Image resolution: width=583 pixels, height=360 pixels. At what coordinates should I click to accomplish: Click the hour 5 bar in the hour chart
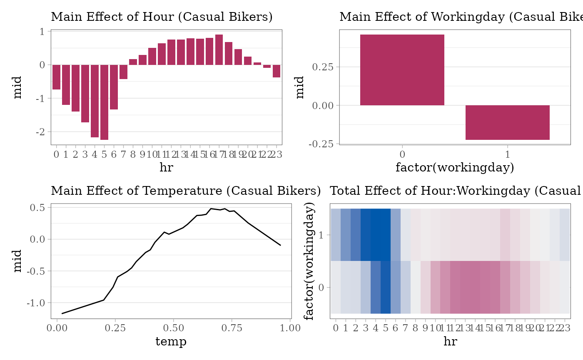(x=104, y=102)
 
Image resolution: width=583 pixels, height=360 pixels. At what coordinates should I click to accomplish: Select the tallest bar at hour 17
(x=219, y=50)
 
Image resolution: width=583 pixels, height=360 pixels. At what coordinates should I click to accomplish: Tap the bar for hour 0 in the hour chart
(x=56, y=77)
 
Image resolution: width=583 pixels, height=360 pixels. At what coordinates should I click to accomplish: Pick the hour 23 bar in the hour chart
(x=277, y=71)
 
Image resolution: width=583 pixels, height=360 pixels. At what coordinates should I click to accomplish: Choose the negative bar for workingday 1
(x=507, y=122)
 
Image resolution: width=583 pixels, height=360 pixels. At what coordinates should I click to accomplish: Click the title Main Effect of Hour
(x=162, y=17)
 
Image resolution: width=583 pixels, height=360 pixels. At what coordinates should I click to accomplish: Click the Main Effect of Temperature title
(x=186, y=191)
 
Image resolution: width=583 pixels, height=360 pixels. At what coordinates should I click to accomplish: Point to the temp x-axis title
(x=171, y=342)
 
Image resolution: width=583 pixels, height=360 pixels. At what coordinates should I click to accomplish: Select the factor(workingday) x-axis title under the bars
(x=455, y=168)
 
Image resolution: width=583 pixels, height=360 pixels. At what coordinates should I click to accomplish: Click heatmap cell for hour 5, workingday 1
(x=386, y=235)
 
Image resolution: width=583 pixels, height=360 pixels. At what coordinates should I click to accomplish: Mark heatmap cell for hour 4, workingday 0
(x=376, y=287)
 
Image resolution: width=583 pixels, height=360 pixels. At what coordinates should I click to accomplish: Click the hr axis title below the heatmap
(x=450, y=342)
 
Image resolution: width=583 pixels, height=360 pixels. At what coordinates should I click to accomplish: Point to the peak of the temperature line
(x=211, y=209)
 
